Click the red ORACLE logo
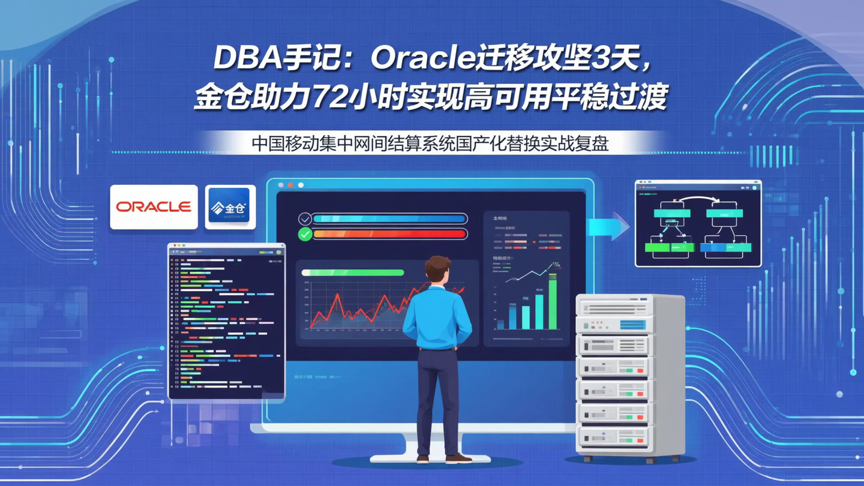(x=154, y=207)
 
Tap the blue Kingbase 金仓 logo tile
(x=230, y=207)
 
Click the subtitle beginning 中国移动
(x=430, y=144)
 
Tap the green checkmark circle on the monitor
(x=305, y=234)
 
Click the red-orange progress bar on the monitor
(x=389, y=234)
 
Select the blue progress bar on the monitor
(x=389, y=219)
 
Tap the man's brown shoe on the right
(x=458, y=458)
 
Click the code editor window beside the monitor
(x=227, y=321)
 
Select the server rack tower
(x=629, y=375)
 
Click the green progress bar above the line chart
(x=354, y=272)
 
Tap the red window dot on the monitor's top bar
(x=290, y=185)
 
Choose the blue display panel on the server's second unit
(x=632, y=325)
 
